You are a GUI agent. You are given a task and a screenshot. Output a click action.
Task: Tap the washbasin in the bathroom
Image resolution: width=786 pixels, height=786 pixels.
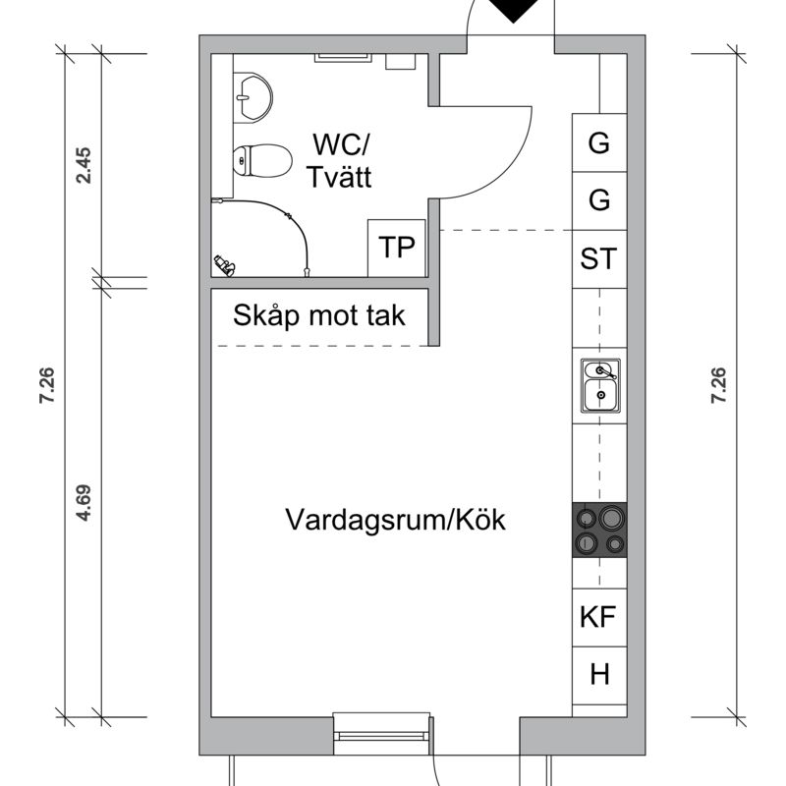click(x=254, y=97)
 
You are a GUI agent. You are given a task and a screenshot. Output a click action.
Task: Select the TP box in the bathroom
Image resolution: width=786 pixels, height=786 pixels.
click(x=397, y=249)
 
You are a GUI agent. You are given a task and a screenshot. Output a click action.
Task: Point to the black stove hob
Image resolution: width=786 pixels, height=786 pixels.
click(x=599, y=531)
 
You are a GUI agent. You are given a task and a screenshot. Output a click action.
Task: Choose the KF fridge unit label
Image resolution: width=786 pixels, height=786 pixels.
click(x=597, y=618)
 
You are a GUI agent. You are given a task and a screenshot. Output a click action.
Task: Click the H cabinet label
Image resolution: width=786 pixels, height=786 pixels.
click(x=599, y=675)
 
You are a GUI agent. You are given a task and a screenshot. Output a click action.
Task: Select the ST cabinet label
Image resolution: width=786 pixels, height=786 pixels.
click(x=598, y=259)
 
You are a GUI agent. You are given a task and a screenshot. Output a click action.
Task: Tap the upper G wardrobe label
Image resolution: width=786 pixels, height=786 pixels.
click(x=598, y=143)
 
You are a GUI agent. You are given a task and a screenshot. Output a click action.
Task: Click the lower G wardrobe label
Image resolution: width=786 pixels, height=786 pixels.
click(x=598, y=201)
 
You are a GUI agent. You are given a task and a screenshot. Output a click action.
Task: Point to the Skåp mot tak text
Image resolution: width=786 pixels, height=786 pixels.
click(x=319, y=316)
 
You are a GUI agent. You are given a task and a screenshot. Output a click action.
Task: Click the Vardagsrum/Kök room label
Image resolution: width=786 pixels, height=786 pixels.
click(x=396, y=520)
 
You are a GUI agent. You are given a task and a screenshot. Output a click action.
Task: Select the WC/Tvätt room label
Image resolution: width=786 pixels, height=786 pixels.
click(x=338, y=161)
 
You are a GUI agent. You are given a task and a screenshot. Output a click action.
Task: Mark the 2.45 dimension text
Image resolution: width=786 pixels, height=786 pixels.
click(x=84, y=165)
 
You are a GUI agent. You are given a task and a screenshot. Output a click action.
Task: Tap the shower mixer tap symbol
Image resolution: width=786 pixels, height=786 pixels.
click(x=224, y=263)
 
